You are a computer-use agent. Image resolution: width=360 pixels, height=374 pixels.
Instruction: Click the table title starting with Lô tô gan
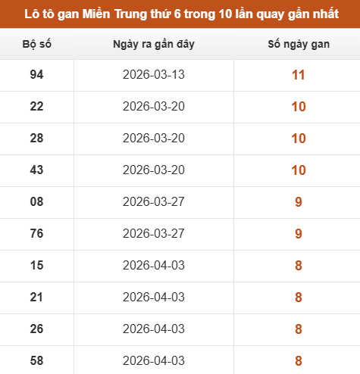pyautogui.click(x=181, y=14)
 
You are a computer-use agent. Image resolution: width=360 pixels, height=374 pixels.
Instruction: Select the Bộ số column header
pyautogui.click(x=37, y=44)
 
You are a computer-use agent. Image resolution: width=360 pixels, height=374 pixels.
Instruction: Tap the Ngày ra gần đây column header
pyautogui.click(x=154, y=45)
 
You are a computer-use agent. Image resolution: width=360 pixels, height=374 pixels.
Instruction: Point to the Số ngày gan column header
pyautogui.click(x=299, y=45)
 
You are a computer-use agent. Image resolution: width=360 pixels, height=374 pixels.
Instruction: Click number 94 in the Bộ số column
pyautogui.click(x=36, y=75)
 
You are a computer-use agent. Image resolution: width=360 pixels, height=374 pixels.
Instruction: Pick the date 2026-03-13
pyautogui.click(x=154, y=75)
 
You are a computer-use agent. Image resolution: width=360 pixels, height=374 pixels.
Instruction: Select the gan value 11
pyautogui.click(x=299, y=75)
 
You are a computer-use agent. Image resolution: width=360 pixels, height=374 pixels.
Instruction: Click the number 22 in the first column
pyautogui.click(x=36, y=107)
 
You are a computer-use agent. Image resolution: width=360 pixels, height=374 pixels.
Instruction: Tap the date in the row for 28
pyautogui.click(x=154, y=139)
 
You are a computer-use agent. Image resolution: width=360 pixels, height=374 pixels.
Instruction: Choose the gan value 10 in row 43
pyautogui.click(x=299, y=170)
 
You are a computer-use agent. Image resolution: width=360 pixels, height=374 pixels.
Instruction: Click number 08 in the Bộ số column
pyautogui.click(x=36, y=202)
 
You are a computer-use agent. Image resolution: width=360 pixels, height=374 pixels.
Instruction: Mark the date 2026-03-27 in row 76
pyautogui.click(x=154, y=234)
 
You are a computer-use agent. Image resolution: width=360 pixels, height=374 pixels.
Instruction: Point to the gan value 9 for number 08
pyautogui.click(x=299, y=202)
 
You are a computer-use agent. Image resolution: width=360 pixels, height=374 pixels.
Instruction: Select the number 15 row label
pyautogui.click(x=36, y=266)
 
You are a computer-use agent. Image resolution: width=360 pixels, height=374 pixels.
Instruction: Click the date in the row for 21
pyautogui.click(x=154, y=298)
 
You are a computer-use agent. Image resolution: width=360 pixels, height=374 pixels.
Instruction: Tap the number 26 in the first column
pyautogui.click(x=36, y=329)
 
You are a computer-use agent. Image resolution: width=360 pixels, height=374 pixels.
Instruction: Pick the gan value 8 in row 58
pyautogui.click(x=299, y=361)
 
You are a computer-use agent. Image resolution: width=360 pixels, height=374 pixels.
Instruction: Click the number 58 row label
pyautogui.click(x=36, y=361)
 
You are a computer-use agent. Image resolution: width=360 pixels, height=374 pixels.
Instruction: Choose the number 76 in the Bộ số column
pyautogui.click(x=36, y=234)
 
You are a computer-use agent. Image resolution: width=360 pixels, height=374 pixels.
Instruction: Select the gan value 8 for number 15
pyautogui.click(x=299, y=266)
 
